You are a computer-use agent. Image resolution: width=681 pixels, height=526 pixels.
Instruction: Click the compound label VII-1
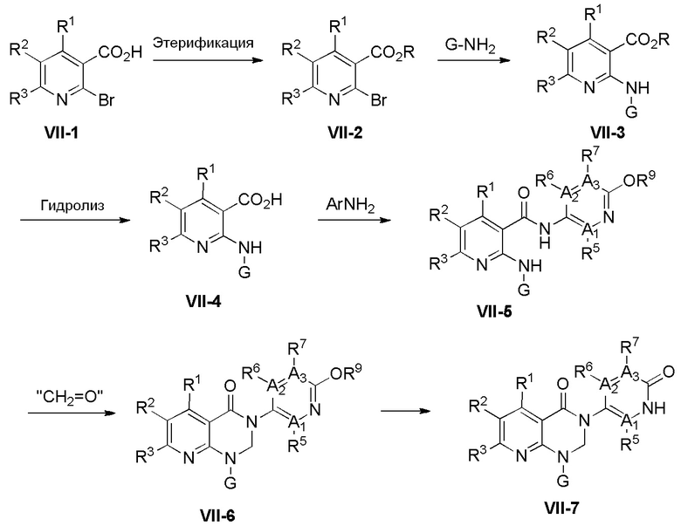[62, 133]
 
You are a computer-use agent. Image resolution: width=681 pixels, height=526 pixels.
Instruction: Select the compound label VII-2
[345, 133]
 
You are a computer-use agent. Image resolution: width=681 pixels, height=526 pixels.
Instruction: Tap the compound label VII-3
[608, 133]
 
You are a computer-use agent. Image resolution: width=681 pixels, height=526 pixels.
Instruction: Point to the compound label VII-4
[203, 301]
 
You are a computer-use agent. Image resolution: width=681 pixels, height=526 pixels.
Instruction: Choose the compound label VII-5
[494, 311]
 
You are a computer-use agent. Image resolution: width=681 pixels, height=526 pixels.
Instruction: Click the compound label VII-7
[561, 508]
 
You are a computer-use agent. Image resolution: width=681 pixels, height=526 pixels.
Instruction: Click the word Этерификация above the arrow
[203, 43]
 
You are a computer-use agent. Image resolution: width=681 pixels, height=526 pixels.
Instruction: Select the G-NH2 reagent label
[470, 46]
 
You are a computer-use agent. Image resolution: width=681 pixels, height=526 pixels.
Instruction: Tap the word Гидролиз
[73, 205]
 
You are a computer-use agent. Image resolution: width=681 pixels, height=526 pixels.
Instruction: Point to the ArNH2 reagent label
[350, 205]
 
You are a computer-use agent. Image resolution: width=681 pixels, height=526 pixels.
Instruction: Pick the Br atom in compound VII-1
[107, 100]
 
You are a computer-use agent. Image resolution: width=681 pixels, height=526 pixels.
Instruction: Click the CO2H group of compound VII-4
[260, 200]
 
